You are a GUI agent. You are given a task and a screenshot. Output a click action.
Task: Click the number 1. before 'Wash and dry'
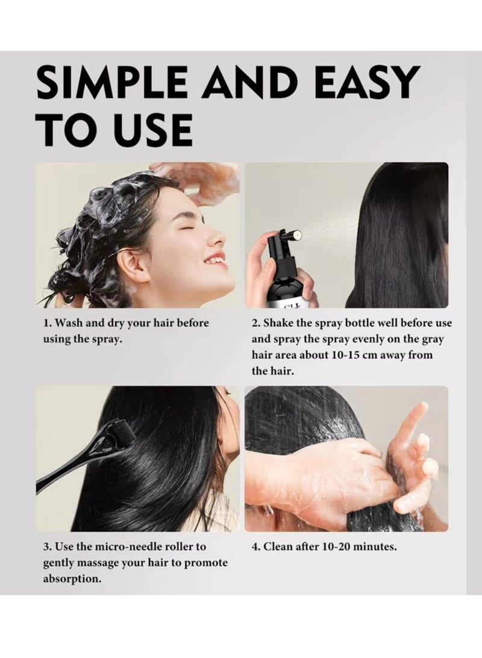coord(48,323)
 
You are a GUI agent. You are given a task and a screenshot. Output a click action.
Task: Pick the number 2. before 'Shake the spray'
coord(257,323)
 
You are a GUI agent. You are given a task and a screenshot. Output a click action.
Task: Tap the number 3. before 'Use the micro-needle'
coord(48,547)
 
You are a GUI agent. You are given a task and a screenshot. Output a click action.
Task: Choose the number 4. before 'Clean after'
coord(257,547)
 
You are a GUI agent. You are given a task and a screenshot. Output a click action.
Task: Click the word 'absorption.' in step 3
coord(72,579)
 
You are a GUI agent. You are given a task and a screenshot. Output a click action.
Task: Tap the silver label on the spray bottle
coord(289,303)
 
